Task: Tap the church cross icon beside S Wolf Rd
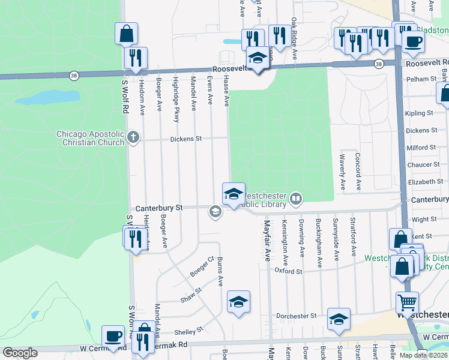click(133, 139)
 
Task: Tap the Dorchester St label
click(296, 316)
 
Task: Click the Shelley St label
click(189, 331)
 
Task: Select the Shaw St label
click(191, 294)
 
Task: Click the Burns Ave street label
click(220, 272)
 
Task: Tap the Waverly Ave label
click(342, 173)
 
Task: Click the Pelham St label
click(421, 79)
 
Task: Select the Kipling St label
click(419, 113)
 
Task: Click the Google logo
click(20, 353)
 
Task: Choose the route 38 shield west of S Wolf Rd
click(73, 74)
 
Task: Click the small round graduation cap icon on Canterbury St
click(215, 211)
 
